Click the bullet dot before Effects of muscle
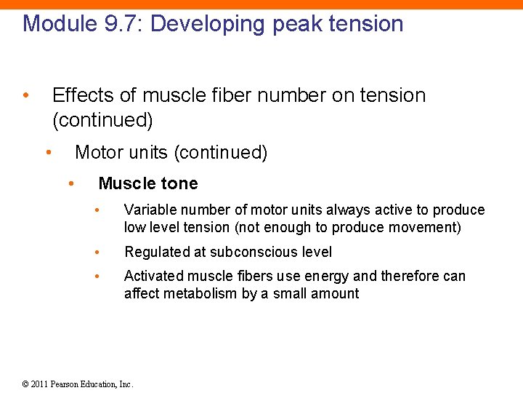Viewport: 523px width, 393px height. pos(25,95)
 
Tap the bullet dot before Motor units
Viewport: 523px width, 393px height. pos(48,152)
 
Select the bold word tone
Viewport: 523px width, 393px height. pos(179,183)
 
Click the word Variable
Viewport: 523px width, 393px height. pos(150,210)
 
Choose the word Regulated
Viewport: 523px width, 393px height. pos(155,253)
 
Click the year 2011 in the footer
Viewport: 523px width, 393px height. pos(40,384)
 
